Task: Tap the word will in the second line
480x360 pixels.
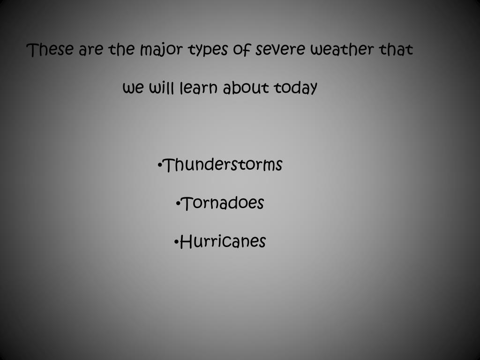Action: tap(162, 88)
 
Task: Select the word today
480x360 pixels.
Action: tap(296, 88)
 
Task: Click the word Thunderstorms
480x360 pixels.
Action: tap(222, 165)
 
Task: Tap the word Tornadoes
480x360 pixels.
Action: tap(222, 203)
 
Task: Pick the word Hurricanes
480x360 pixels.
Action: tap(222, 242)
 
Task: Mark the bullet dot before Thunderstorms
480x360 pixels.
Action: tap(160, 165)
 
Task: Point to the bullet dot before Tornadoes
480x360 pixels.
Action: tap(179, 204)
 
